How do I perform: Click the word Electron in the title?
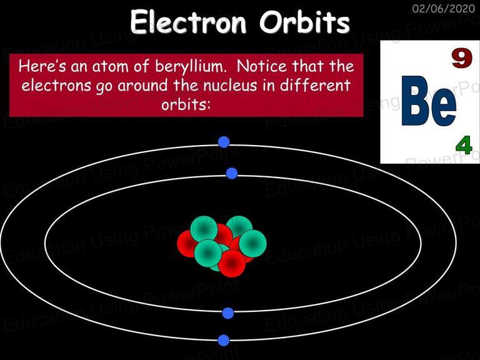coord(188,22)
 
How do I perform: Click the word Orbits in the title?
coord(304,22)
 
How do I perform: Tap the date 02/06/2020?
coord(444,8)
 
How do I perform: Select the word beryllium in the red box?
coord(191,66)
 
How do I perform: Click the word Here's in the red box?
coord(42,66)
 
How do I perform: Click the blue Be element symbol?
coord(429,101)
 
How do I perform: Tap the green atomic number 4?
coord(464,146)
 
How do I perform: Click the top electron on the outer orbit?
coord(224,142)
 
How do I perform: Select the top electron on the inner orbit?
coord(232,173)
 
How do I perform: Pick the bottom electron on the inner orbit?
coord(227,313)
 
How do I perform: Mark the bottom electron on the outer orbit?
coord(224,341)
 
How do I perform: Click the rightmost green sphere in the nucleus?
coord(252,243)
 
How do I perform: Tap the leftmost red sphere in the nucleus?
coord(187,244)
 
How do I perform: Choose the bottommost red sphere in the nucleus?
coord(232,263)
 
